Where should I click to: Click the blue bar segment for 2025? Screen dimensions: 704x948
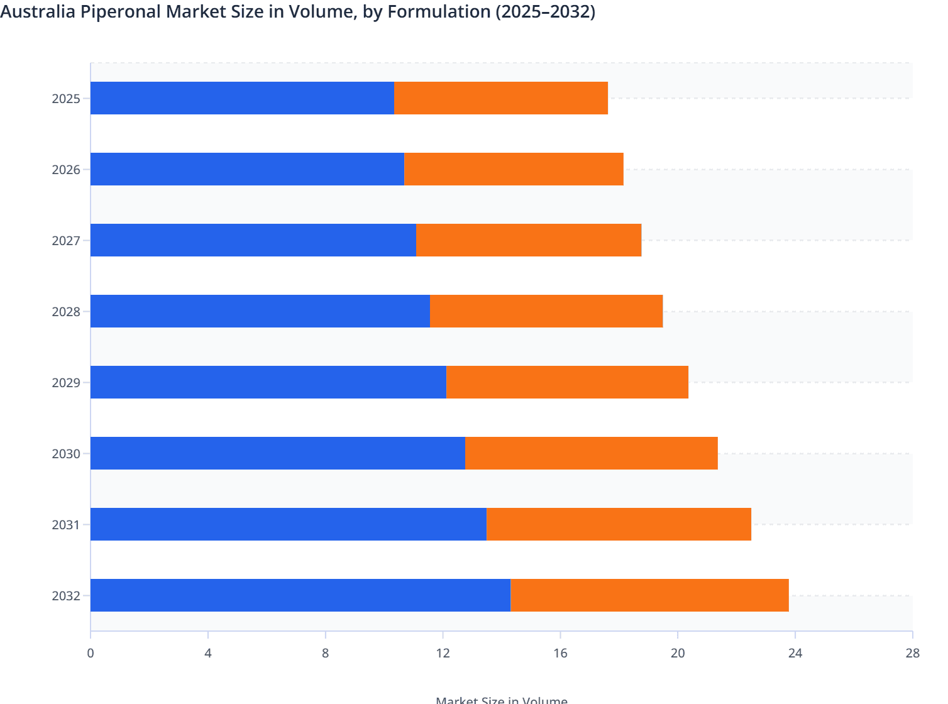coord(242,98)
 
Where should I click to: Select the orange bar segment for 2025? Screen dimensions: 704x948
coord(501,98)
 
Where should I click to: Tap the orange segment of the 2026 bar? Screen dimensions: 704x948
coord(514,169)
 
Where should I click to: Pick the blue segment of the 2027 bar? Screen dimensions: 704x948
coord(253,240)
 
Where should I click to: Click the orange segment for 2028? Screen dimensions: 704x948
coord(546,311)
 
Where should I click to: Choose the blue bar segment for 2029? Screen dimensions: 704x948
coord(268,382)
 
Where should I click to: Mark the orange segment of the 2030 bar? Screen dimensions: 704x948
coord(592,453)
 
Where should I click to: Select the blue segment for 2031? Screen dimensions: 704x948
coord(289,524)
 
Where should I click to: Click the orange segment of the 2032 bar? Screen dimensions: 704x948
coord(649,595)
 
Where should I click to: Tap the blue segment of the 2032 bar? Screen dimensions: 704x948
coord(300,595)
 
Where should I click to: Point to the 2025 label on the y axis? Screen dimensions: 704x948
coord(66,99)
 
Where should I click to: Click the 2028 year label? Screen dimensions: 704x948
coord(66,312)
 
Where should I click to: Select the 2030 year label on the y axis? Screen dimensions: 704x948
coord(66,454)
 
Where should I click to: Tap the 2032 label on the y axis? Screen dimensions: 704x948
coord(66,596)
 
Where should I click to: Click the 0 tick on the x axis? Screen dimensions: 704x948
coord(91,653)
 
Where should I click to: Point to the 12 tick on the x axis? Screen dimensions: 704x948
coord(443,653)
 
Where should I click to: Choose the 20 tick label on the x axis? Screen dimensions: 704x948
coord(678,653)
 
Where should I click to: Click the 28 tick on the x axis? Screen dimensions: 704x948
coord(912,653)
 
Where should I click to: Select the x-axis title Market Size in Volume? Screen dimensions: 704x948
coord(501,700)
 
